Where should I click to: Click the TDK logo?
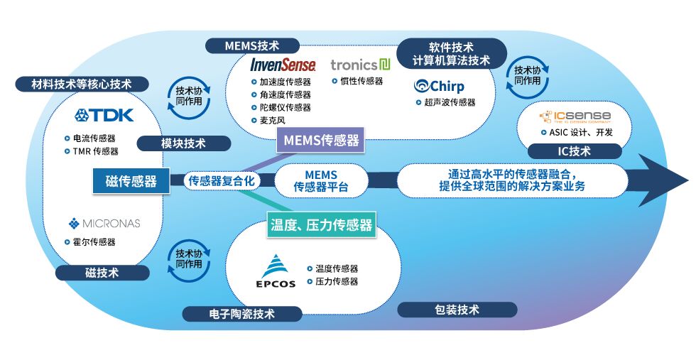coord(103,115)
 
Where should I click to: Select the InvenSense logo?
coord(283,65)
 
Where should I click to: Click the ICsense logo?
coord(575,116)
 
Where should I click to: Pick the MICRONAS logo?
coord(104,224)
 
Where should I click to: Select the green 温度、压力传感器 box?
coord(321,226)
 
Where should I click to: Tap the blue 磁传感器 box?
coord(131,181)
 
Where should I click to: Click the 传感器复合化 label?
coord(221,181)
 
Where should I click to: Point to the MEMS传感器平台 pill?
coord(322,180)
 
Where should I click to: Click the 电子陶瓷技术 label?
coord(242,313)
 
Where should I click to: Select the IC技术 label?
coord(574,151)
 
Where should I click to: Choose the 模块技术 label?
coord(183,143)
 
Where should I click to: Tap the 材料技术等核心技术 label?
coord(82,84)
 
